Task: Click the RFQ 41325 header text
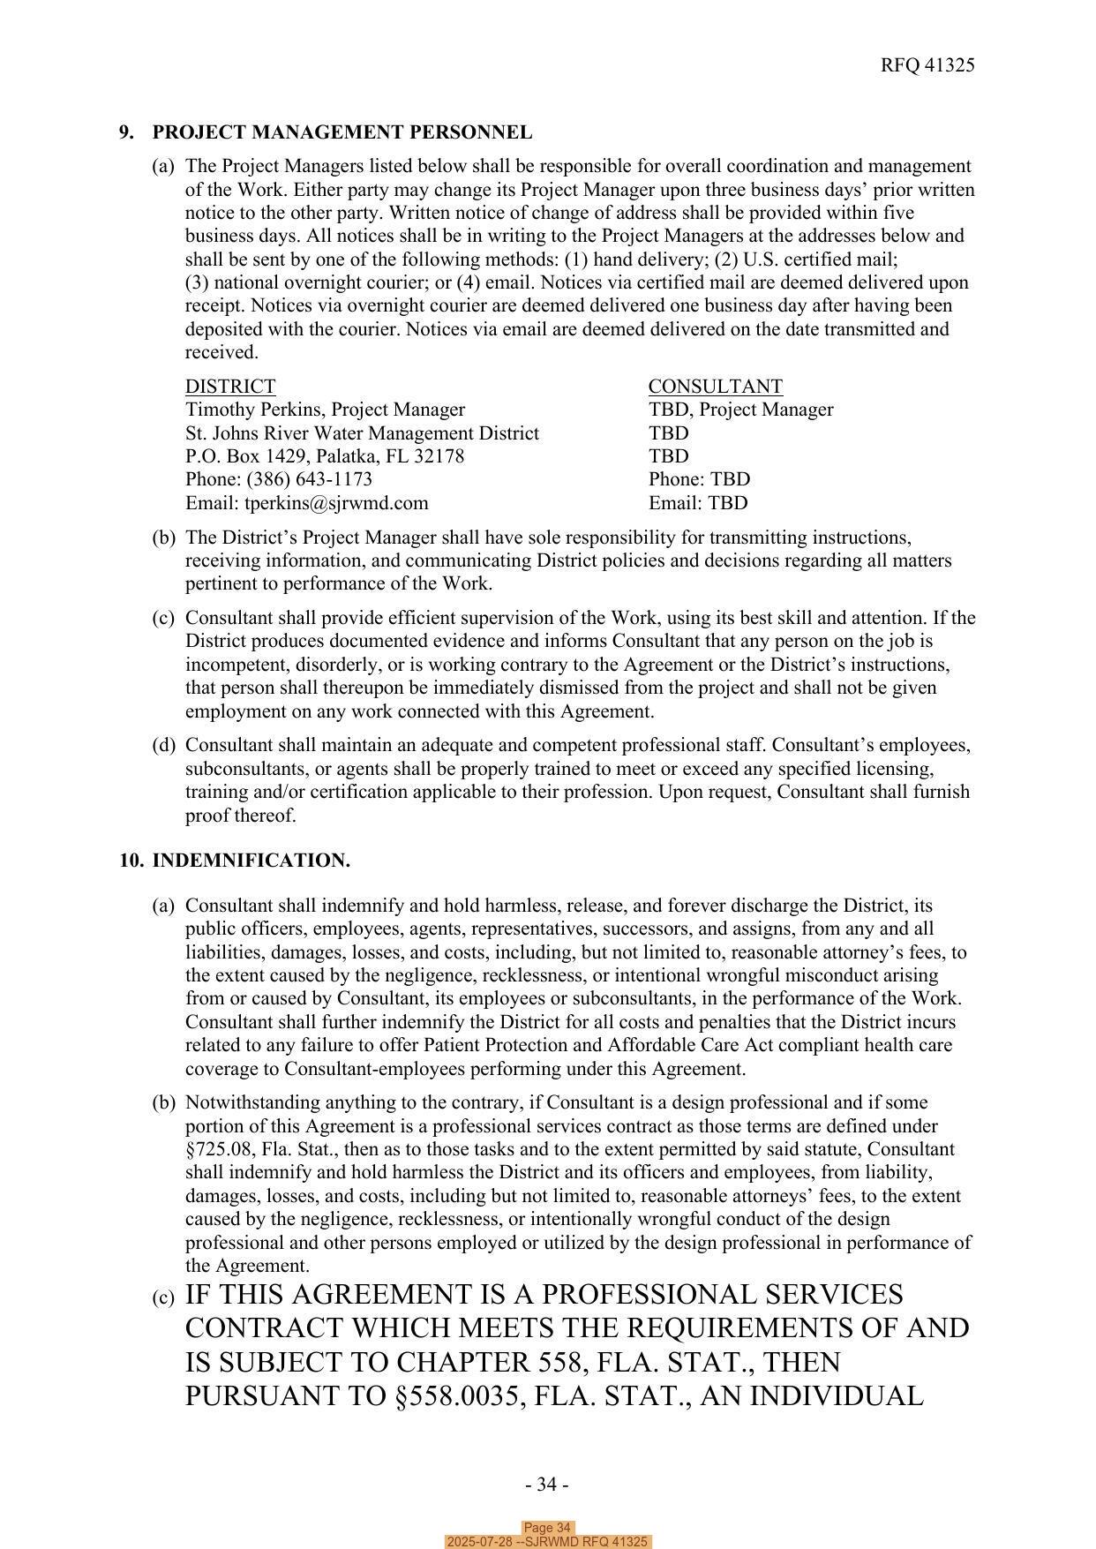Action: tap(927, 65)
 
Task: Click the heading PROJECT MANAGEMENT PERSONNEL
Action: tap(342, 132)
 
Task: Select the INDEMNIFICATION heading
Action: tap(251, 861)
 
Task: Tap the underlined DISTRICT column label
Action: tap(229, 387)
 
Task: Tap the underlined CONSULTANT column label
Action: tap(715, 387)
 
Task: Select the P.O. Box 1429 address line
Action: tap(324, 456)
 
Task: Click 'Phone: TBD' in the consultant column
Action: tap(699, 479)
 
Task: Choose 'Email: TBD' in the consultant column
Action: tap(697, 503)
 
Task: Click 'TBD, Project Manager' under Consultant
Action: tap(740, 410)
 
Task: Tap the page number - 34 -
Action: tap(546, 1485)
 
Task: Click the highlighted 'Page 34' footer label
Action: tap(547, 1528)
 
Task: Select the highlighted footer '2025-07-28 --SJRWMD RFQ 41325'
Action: tap(547, 1542)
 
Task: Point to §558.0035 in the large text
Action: tap(493, 1396)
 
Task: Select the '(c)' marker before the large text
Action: tap(163, 1298)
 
